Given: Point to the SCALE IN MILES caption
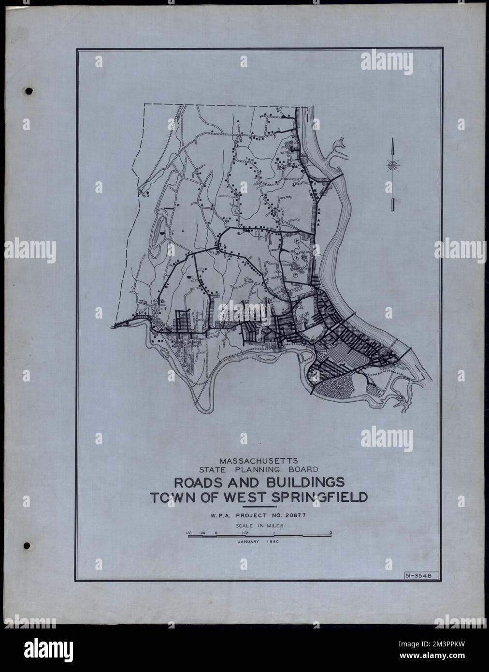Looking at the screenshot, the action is [x=259, y=525].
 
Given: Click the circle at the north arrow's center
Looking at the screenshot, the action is [x=393, y=166].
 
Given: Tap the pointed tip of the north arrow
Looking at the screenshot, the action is [x=393, y=138].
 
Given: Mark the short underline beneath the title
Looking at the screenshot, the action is [x=259, y=506].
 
